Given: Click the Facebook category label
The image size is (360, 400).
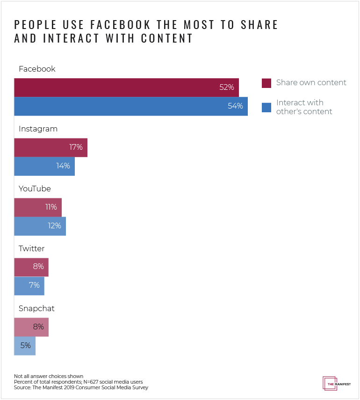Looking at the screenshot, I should (37, 69).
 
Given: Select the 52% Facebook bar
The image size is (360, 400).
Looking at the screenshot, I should (126, 87).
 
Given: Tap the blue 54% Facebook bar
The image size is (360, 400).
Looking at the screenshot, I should (131, 106).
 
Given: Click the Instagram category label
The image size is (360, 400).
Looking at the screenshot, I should (38, 129).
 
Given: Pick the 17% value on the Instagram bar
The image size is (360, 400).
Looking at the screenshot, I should (76, 147).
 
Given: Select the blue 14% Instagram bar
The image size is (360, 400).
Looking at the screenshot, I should (44, 166).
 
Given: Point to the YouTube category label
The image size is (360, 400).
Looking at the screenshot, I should (35, 189).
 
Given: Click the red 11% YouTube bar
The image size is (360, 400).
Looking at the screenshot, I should (38, 207).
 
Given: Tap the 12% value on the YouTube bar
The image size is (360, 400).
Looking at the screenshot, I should (54, 226).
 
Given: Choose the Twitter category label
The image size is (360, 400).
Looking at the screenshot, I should (31, 249).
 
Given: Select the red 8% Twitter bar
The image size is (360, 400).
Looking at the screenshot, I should (31, 267).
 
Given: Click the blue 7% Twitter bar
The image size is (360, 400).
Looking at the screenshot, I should (29, 286).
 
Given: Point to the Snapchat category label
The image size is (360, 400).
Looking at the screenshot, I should (36, 309).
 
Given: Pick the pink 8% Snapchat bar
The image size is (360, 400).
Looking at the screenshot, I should (31, 327).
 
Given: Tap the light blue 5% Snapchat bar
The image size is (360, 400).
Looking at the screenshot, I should (25, 346).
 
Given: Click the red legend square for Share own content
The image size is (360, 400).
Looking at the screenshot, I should (266, 83).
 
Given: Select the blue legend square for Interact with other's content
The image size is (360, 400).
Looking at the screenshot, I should (266, 107).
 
